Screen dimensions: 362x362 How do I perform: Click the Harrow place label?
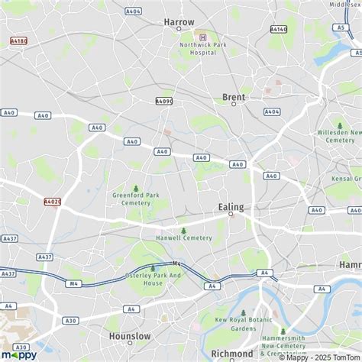tap(179, 21)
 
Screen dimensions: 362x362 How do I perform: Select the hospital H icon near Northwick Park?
tap(202, 37)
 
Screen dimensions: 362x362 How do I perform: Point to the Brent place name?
tap(233, 97)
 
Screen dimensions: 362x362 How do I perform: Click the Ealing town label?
tap(231, 206)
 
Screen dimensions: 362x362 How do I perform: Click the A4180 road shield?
tap(19, 40)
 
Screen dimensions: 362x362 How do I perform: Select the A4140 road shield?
tap(279, 29)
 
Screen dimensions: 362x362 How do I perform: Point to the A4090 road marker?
tap(164, 101)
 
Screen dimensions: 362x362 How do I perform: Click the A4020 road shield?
tap(52, 202)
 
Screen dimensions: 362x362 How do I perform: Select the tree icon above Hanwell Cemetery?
tap(183, 231)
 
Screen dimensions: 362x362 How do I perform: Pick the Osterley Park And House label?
tap(153, 279)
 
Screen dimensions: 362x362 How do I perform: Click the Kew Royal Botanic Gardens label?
tap(244, 324)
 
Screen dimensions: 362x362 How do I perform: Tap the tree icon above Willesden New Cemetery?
tap(340, 126)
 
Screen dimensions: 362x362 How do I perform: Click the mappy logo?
tap(18, 353)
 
